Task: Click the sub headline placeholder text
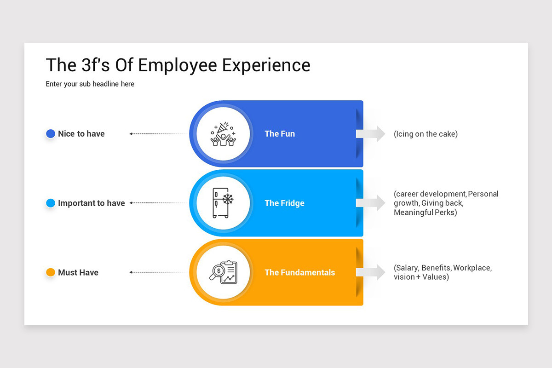[90, 84]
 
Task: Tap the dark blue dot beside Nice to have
[51, 134]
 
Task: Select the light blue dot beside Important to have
[51, 203]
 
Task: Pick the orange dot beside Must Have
[51, 272]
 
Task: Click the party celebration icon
[223, 134]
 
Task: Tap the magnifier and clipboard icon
[223, 272]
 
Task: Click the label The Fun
[280, 134]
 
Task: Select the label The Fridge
[284, 203]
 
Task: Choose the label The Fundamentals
[299, 272]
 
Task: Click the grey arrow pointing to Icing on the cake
[371, 134]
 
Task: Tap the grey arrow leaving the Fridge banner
[371, 203]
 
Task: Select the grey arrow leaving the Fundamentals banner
[371, 272]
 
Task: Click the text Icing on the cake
[425, 134]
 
